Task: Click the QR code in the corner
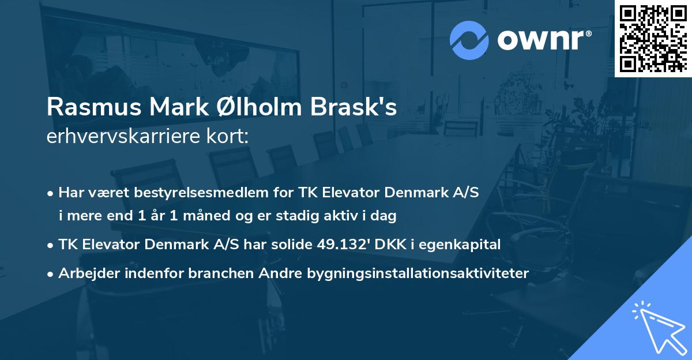pyautogui.click(x=653, y=38)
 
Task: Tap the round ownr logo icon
pyautogui.click(x=469, y=40)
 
